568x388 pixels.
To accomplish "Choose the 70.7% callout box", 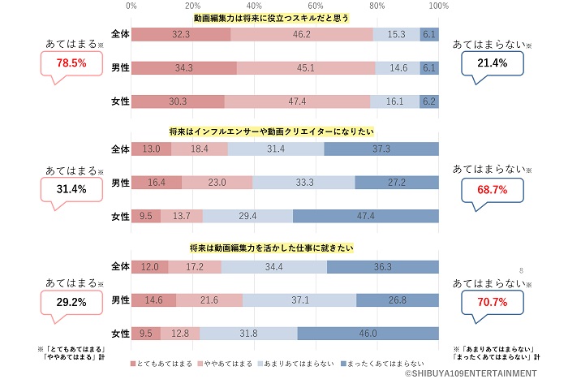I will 493,302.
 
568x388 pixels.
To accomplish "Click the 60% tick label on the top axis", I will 316,6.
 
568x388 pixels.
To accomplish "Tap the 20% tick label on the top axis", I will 193,6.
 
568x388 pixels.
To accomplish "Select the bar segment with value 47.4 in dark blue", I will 366,216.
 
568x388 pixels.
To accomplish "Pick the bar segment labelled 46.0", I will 368,333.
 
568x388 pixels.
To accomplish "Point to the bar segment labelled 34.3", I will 184,67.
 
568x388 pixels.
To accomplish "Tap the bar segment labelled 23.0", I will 217,183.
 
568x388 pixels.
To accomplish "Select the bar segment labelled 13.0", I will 152,149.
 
